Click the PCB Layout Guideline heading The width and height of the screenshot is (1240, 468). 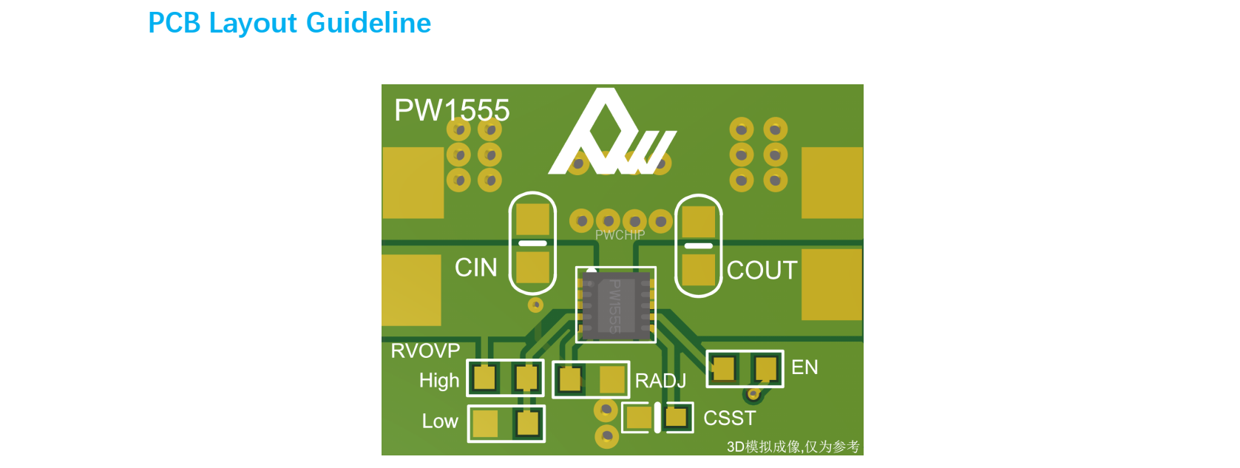(289, 23)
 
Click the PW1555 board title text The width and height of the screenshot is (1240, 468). (452, 110)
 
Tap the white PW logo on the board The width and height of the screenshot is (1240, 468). (611, 137)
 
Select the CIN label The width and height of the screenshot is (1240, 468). (475, 268)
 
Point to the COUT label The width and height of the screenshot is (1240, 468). (762, 271)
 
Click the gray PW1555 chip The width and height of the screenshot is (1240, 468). (615, 305)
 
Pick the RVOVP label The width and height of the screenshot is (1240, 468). (425, 350)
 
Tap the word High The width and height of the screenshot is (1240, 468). (439, 380)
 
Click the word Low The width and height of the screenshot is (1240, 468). (440, 421)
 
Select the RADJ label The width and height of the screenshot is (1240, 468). (660, 381)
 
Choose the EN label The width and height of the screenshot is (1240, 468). (804, 367)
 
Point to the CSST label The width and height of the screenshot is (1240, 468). (729, 418)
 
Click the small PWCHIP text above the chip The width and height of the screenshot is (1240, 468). (620, 235)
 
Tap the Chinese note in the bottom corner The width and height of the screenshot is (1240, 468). (793, 447)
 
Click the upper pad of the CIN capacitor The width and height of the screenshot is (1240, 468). (532, 220)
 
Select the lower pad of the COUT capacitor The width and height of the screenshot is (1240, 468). (698, 269)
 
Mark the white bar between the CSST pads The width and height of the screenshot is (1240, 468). (657, 418)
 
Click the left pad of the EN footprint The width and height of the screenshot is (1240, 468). (724, 368)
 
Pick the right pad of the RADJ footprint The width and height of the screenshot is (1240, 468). (612, 380)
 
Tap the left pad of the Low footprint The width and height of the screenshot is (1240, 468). (485, 424)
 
